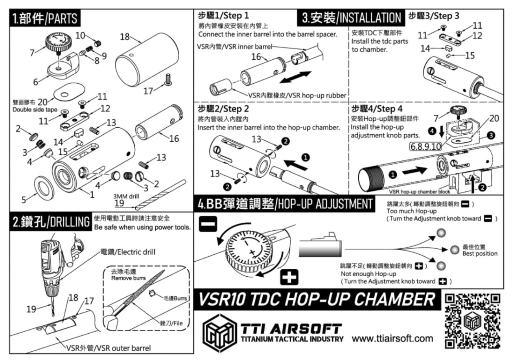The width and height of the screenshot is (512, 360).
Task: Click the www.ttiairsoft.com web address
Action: [392, 338]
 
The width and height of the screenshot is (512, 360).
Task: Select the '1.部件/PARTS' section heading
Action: [44, 18]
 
